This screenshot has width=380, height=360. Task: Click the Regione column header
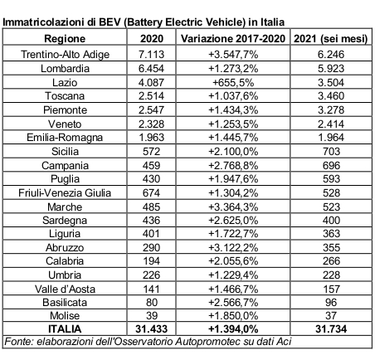coord(65,38)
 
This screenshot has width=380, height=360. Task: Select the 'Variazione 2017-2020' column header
coord(233,38)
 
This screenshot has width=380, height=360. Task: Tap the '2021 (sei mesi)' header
coord(331,38)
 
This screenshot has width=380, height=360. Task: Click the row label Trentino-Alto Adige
coord(65,55)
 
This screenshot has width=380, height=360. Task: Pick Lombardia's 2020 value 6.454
coord(151,69)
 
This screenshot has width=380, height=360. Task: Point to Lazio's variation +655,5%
coord(233,83)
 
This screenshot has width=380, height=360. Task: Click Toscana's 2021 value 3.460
coord(331,96)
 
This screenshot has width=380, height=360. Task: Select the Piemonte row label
coord(65,110)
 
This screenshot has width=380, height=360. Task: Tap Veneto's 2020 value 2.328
coord(151,124)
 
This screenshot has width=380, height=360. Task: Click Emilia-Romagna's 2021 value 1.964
coord(331,138)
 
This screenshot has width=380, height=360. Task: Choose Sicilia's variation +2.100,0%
coord(233,152)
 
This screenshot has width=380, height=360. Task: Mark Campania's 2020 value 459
coord(151,165)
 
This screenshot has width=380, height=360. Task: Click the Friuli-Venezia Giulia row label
coord(65,193)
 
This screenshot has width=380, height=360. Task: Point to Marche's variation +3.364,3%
coord(233,207)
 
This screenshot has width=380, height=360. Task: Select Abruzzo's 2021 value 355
coord(331,247)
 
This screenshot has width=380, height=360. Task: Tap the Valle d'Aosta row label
coord(65,289)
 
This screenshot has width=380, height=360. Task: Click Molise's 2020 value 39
coord(152,316)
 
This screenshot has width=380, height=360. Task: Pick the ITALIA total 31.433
coord(151,329)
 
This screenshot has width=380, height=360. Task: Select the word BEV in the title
coord(110,22)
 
